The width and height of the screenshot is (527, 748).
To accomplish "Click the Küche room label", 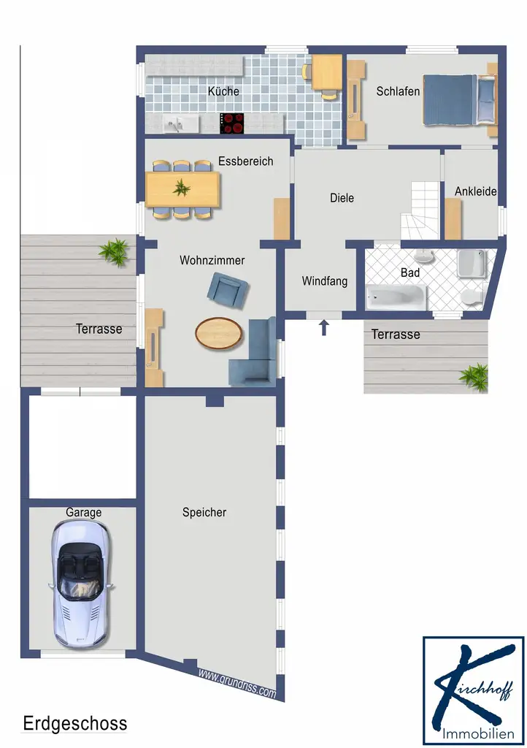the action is click(x=223, y=91).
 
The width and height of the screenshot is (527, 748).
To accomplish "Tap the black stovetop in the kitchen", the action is click(x=232, y=123).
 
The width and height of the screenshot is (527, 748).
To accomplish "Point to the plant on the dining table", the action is click(x=181, y=188).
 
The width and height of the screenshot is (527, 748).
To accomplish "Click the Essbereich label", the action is click(x=246, y=161).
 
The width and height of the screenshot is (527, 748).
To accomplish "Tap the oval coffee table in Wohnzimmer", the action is click(x=219, y=332).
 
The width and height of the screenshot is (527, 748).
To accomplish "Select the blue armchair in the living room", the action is click(x=228, y=290).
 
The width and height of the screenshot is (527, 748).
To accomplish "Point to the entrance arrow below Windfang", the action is click(x=324, y=327).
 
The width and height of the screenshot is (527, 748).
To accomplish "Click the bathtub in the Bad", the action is click(x=396, y=297).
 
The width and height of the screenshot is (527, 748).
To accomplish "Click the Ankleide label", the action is click(x=475, y=191).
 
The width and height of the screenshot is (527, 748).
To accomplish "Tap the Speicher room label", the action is click(x=204, y=512).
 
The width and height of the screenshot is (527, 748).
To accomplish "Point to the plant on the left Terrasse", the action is click(x=115, y=252).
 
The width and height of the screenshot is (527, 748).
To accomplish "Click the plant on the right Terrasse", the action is click(x=474, y=377).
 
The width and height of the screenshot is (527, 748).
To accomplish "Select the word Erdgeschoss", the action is click(x=75, y=723).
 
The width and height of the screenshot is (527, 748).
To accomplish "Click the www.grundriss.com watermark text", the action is click(x=236, y=683).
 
